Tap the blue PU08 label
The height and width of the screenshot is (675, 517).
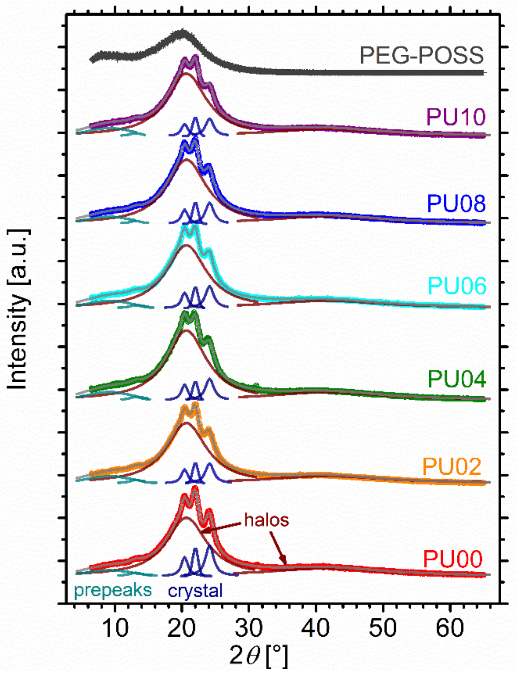pyautogui.click(x=456, y=203)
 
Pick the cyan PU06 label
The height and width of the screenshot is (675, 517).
pyautogui.click(x=457, y=286)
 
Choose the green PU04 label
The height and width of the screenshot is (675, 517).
pyautogui.click(x=457, y=379)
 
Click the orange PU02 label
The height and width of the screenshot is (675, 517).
pyautogui.click(x=452, y=466)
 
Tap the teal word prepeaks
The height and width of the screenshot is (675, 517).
pyautogui.click(x=113, y=590)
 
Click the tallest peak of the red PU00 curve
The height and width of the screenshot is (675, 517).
pyautogui.click(x=195, y=488)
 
